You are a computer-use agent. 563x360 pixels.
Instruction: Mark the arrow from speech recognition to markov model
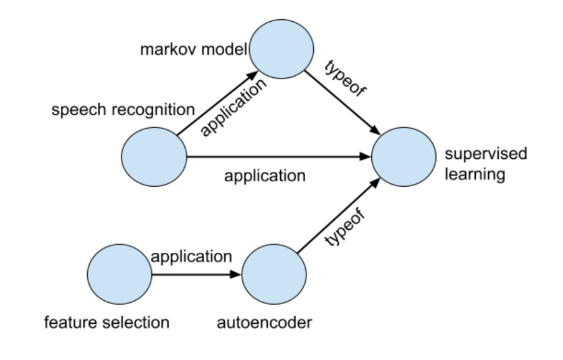[x=215, y=103]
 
